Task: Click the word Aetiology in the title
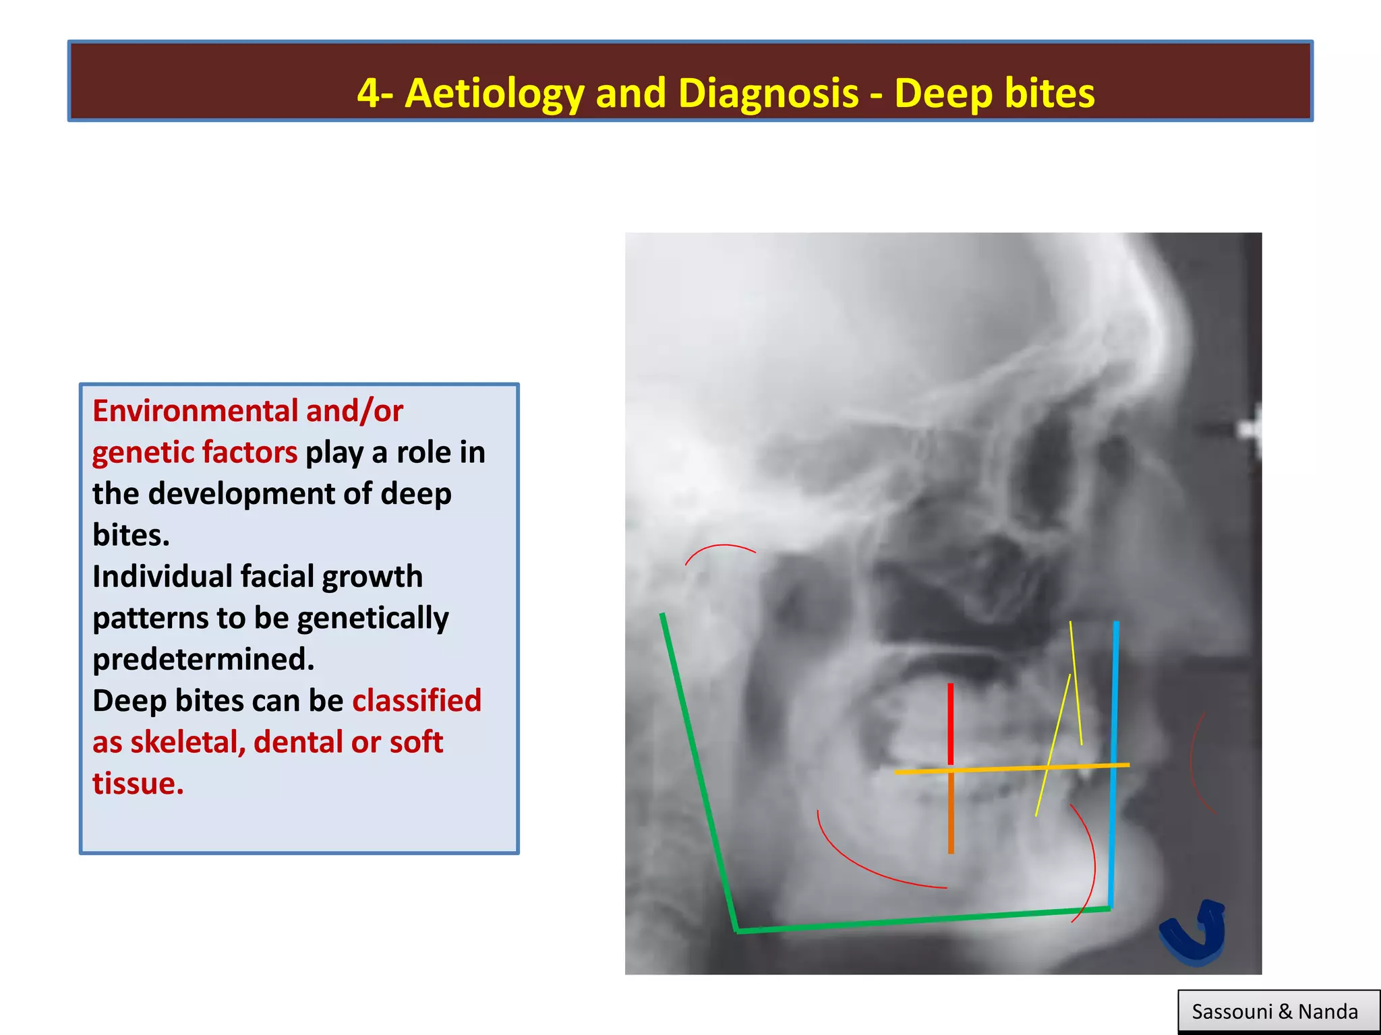click(x=494, y=93)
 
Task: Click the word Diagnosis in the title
click(x=769, y=93)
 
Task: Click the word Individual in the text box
click(x=162, y=577)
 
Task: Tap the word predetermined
click(x=203, y=660)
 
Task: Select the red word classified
click(x=417, y=701)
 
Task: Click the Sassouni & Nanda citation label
click(x=1274, y=1011)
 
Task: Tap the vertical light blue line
click(x=1113, y=761)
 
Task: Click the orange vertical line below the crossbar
click(x=951, y=812)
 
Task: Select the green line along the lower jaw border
click(x=924, y=921)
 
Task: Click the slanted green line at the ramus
click(x=698, y=768)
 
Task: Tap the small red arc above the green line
click(x=719, y=549)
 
